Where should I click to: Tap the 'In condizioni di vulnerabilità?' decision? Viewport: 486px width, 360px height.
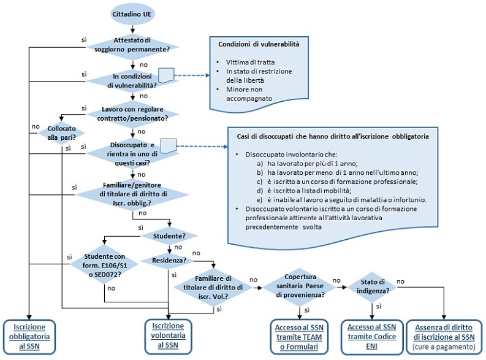(x=132, y=80)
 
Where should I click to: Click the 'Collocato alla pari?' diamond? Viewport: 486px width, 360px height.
(x=61, y=131)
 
